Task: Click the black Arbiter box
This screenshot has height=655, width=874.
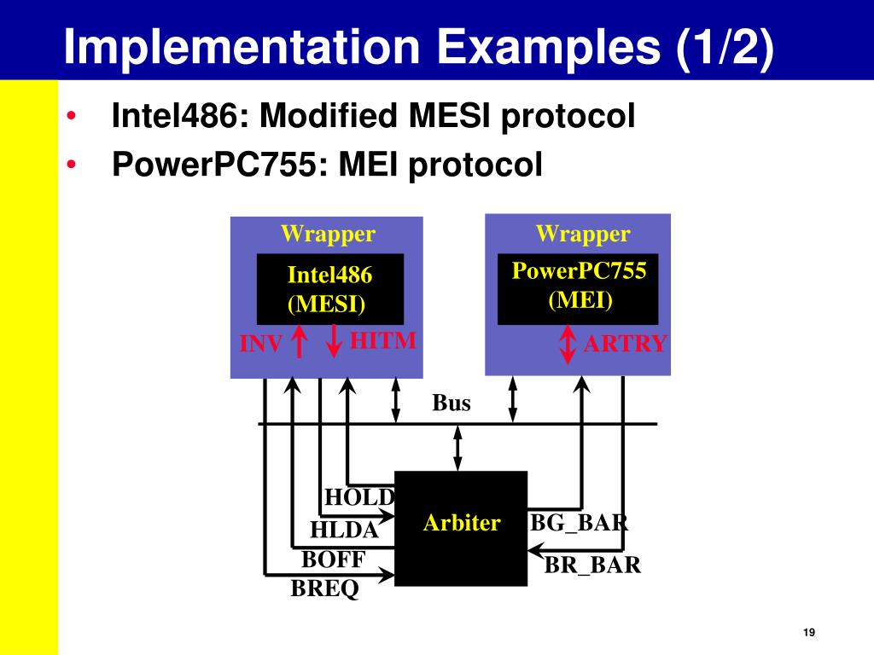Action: [461, 528]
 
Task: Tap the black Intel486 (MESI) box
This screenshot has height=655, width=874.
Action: [330, 289]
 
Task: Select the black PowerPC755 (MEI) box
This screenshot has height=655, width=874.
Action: [578, 289]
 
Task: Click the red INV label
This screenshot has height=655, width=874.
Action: [261, 344]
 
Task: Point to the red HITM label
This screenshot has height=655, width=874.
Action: [383, 340]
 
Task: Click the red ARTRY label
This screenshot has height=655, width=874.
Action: [625, 343]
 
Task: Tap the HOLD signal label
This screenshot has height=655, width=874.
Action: [359, 497]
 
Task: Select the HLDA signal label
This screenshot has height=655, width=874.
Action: [344, 530]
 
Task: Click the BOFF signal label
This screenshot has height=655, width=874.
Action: [334, 559]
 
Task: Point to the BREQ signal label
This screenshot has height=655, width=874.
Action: [325, 588]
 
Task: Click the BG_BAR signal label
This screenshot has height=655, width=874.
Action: [580, 523]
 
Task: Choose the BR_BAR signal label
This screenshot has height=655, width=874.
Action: [592, 565]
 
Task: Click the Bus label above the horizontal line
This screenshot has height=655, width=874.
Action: [452, 403]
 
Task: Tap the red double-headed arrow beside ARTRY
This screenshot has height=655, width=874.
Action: [568, 345]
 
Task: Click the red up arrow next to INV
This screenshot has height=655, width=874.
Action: [300, 341]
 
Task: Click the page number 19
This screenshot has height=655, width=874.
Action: [809, 632]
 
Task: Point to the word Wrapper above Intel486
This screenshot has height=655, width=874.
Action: [329, 234]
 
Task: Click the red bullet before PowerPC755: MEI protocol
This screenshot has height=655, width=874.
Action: [71, 165]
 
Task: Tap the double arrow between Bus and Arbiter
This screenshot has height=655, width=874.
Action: [457, 448]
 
